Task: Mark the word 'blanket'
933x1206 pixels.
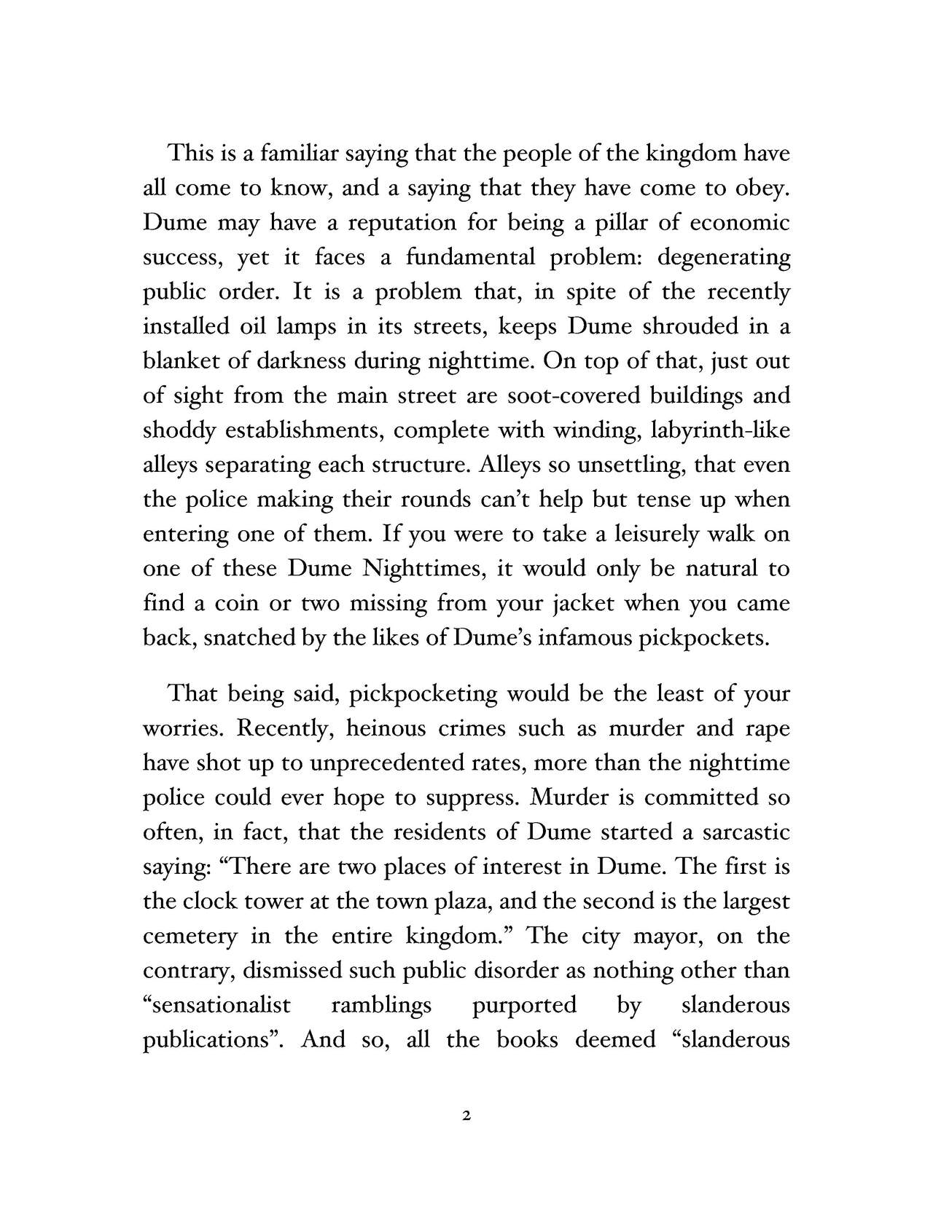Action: coord(179,361)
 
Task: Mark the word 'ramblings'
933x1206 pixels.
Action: coord(381,1006)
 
